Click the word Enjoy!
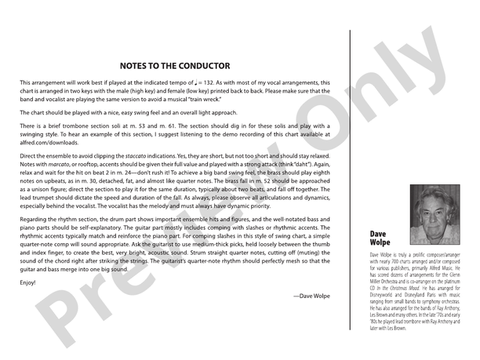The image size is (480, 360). [27, 281]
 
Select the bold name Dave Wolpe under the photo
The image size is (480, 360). [380, 238]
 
